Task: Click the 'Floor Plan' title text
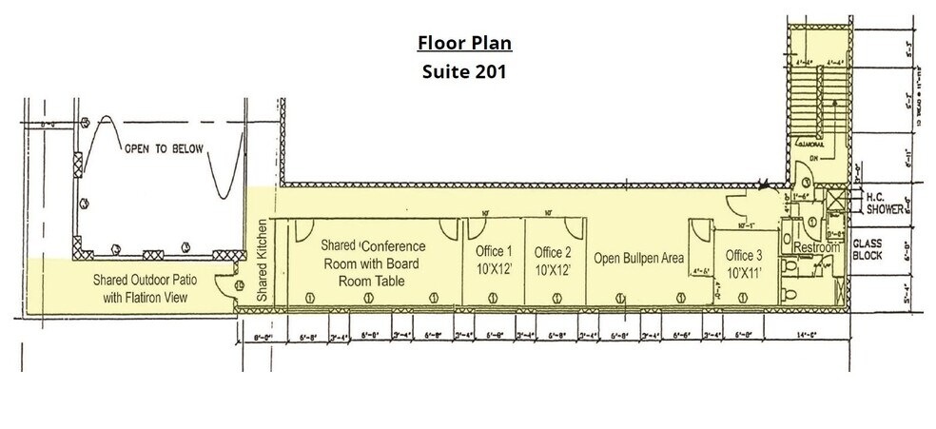tap(465, 44)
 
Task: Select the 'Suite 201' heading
tap(465, 71)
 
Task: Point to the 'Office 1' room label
tap(494, 252)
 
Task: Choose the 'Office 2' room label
tap(553, 252)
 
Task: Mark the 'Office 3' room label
tap(744, 255)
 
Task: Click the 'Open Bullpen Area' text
tap(640, 258)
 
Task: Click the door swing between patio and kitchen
tap(226, 283)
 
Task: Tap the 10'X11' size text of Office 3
tap(744, 273)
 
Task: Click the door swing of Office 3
tap(699, 231)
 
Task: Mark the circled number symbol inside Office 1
tap(495, 298)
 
